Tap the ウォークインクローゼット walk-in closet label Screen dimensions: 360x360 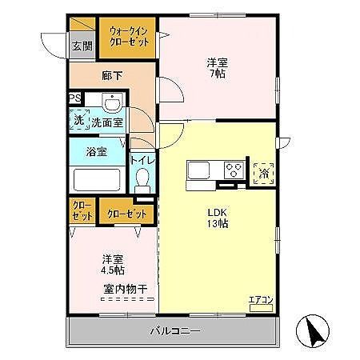click(126, 37)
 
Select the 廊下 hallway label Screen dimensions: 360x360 click(111, 77)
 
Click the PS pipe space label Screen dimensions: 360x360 click(74, 99)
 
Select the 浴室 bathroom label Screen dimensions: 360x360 click(97, 151)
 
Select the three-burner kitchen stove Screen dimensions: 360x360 click(234, 170)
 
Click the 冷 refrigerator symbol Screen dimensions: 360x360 click(262, 171)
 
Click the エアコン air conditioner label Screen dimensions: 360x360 click(261, 300)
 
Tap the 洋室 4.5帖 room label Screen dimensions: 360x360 click(112, 264)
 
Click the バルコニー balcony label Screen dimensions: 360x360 click(174, 330)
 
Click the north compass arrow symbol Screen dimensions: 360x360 click(312, 330)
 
